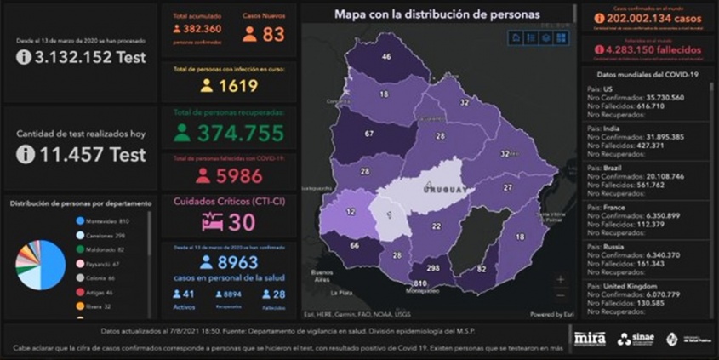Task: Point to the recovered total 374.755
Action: (x=240, y=133)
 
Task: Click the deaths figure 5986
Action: (x=232, y=176)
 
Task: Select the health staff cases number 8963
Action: (x=231, y=263)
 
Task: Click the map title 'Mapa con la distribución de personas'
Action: (x=437, y=14)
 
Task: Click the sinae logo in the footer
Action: (x=636, y=339)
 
